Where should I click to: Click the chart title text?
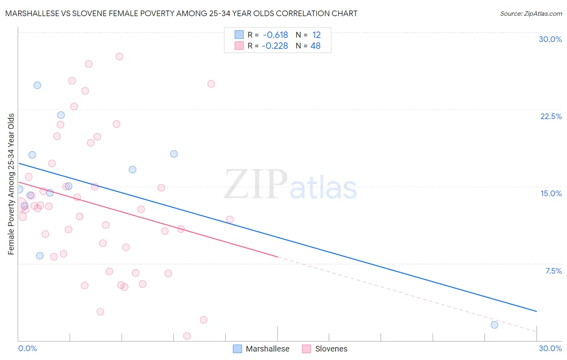(x=181, y=14)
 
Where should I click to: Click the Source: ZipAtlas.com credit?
(x=531, y=14)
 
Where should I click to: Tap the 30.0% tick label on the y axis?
(x=550, y=39)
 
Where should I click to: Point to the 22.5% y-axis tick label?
(x=551, y=116)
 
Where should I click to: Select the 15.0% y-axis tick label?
(x=551, y=193)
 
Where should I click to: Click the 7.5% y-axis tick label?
(x=553, y=271)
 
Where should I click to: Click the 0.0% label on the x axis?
(x=27, y=348)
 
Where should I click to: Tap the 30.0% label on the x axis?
(x=550, y=348)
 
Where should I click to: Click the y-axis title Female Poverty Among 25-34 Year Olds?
(x=11, y=184)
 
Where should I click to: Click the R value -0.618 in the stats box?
(x=275, y=35)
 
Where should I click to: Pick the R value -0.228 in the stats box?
(x=275, y=46)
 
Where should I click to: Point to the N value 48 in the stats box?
(x=315, y=46)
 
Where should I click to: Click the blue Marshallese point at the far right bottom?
(x=494, y=325)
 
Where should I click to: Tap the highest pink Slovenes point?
(x=119, y=57)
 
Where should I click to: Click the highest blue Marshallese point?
(x=37, y=85)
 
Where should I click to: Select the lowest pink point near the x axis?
(x=187, y=336)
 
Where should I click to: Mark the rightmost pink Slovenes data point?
(x=230, y=220)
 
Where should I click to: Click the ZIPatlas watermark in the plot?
(x=290, y=185)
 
